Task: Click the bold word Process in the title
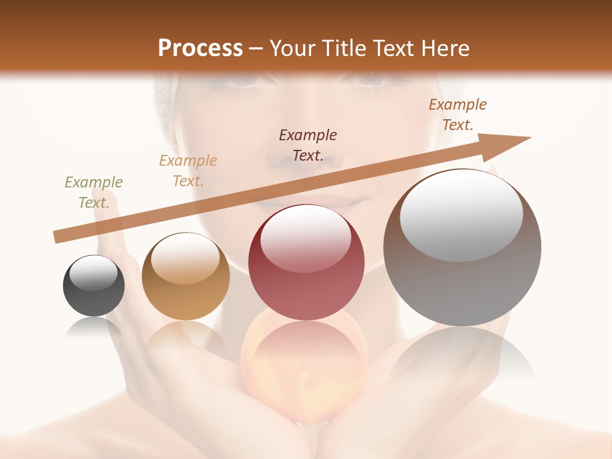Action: [200, 48]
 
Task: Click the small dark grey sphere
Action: [94, 286]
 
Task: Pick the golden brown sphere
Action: [186, 276]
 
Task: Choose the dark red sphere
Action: [306, 262]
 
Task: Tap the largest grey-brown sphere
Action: [462, 247]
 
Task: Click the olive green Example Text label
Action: [94, 193]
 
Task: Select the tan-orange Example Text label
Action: [188, 171]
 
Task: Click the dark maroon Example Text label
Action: [308, 145]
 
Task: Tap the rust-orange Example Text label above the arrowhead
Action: [458, 115]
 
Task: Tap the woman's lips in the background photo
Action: [344, 205]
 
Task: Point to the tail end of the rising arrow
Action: [56, 237]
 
